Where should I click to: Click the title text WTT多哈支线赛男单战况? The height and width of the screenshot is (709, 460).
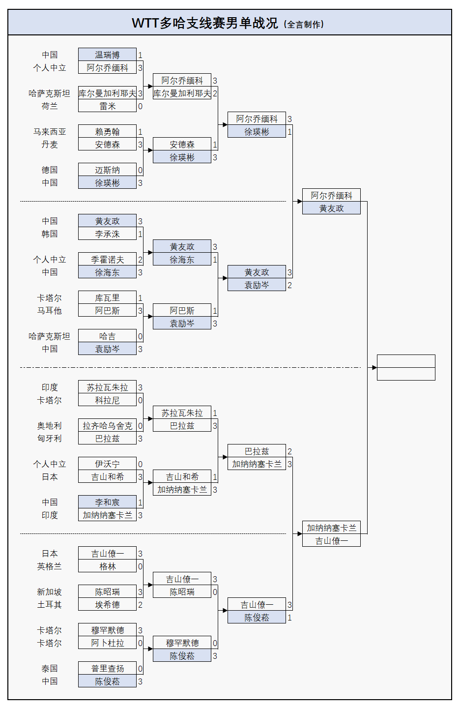[x=205, y=23]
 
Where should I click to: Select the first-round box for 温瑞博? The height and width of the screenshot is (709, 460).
[x=107, y=55]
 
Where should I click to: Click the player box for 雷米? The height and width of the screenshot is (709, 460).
[x=107, y=106]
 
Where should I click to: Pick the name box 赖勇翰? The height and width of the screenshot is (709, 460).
[x=107, y=132]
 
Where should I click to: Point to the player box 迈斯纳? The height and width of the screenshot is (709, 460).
[x=107, y=170]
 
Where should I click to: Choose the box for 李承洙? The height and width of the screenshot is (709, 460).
[x=107, y=234]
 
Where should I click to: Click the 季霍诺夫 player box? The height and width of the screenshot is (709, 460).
[x=107, y=260]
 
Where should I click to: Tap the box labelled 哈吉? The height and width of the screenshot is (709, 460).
[x=107, y=336]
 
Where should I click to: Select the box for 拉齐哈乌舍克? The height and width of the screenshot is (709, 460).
[x=107, y=426]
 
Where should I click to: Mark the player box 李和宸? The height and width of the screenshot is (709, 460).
[x=107, y=502]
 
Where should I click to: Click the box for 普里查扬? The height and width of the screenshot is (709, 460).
[x=107, y=669]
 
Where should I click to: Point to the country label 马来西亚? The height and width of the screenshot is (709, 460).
[x=50, y=132]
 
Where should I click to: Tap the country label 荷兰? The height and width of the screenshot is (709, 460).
[x=50, y=106]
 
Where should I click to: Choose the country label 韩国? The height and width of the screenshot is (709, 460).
[x=50, y=234]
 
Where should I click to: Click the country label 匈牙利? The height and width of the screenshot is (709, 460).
[x=50, y=439]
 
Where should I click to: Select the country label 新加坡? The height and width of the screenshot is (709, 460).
[x=50, y=592]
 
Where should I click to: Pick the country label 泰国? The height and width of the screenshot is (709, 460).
[x=50, y=669]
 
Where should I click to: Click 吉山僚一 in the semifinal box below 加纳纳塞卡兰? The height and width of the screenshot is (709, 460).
[x=331, y=541]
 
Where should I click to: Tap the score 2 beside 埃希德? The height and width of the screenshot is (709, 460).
[x=140, y=605]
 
